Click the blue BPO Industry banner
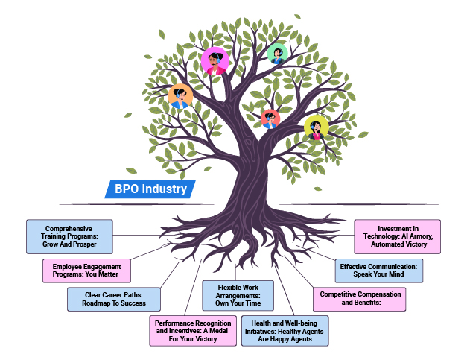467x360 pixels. (150, 189)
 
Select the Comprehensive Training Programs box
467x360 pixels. (69, 236)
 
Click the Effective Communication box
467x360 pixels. (378, 270)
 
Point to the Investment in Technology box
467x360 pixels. (396, 236)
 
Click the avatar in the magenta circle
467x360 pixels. (215, 61)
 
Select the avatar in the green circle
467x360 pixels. (278, 53)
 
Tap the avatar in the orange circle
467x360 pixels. (180, 96)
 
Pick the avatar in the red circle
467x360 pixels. (270, 119)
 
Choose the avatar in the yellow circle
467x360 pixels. (317, 127)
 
